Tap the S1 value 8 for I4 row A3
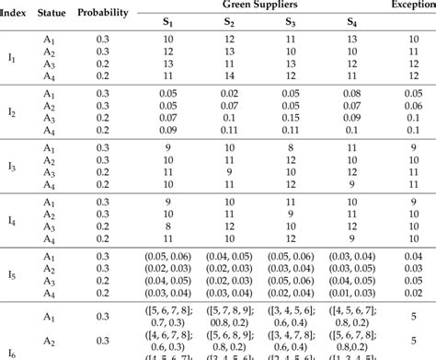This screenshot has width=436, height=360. click(x=169, y=226)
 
